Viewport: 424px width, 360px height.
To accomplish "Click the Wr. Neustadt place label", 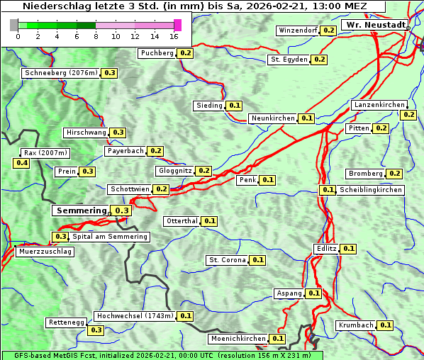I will point(374,25).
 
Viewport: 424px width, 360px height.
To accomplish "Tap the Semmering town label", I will point(81,210).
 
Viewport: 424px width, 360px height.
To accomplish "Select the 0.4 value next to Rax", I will point(22,163).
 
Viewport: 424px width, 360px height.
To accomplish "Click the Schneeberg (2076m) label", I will point(60,73).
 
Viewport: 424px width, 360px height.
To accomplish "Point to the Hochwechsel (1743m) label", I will point(134,316).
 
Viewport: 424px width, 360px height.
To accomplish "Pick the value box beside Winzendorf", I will point(328,30).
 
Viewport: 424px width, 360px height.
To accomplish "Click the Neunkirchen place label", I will point(273,118).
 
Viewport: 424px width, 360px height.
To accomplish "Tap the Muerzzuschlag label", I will point(44,252).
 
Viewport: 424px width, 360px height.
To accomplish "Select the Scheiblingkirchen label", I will point(370,190).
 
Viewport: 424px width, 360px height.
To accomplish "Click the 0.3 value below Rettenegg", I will point(96,330).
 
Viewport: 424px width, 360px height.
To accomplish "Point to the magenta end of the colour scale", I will point(177,25).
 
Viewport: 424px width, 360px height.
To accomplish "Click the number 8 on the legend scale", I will point(96,36).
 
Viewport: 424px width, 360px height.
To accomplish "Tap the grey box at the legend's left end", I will point(14,25).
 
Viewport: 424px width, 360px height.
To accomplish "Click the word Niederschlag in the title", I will point(51,6).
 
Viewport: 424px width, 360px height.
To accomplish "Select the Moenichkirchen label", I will point(238,339).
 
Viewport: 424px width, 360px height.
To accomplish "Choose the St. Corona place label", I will point(227,260).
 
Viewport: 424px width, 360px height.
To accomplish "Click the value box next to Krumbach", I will point(385,325).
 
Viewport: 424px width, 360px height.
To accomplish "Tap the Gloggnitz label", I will point(174,171).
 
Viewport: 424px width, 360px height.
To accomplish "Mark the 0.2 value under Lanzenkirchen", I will point(408,114).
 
